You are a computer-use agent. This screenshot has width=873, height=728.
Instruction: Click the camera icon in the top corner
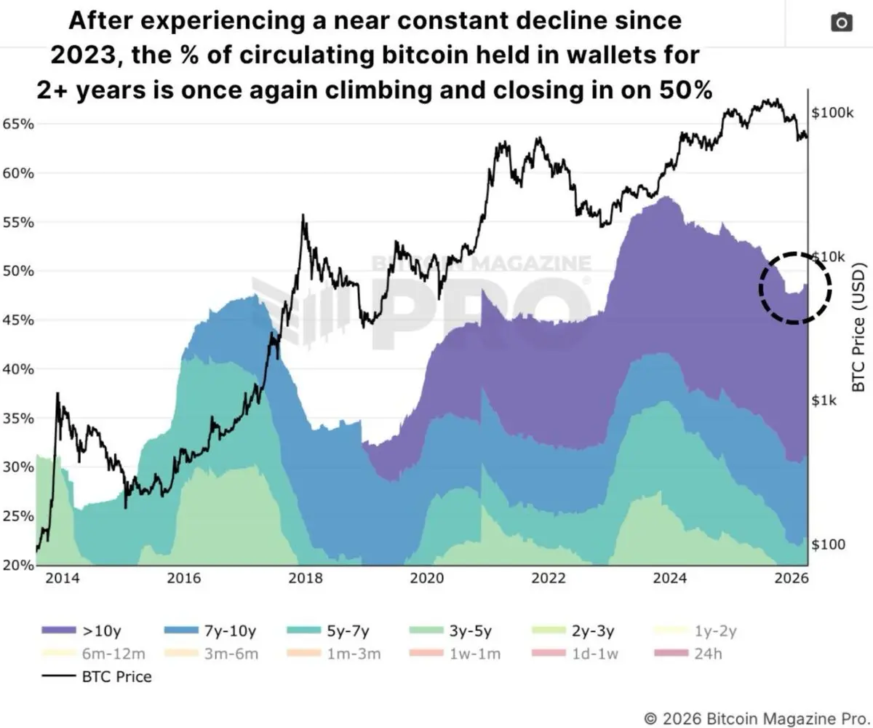click(x=841, y=23)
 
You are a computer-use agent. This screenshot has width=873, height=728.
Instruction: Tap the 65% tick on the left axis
click(x=17, y=124)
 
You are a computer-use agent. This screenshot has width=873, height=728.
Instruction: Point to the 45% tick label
click(x=17, y=320)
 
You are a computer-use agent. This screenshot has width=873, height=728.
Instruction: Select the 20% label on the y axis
click(x=17, y=564)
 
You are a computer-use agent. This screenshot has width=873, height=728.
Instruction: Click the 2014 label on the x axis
click(x=60, y=579)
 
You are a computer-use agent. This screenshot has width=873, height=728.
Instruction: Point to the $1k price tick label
click(x=826, y=400)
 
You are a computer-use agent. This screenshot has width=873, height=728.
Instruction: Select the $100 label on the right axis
click(x=828, y=545)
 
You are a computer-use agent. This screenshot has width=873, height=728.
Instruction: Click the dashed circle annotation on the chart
click(x=795, y=288)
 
